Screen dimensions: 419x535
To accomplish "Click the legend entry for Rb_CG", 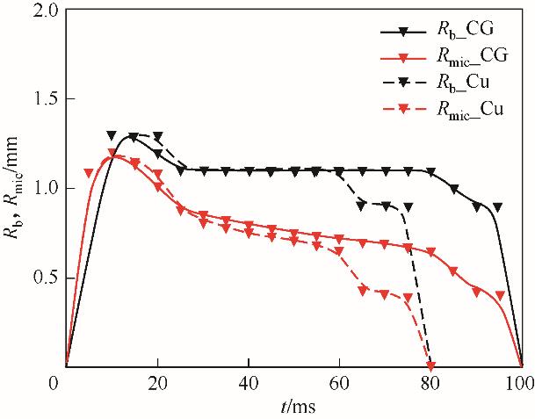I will tap(463, 33).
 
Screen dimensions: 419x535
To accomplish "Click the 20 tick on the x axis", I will tap(157, 385).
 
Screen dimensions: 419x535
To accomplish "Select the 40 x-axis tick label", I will tap(249, 385).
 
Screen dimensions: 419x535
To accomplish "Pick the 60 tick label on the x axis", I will tap(340, 385).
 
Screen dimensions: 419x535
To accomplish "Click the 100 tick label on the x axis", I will tap(522, 385).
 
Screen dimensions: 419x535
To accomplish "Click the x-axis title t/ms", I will tap(294, 407).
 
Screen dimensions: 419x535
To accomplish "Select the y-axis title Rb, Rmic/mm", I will tap(15, 188).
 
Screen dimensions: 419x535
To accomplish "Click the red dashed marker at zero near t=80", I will tap(430, 366).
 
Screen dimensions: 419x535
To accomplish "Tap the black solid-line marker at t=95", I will tap(499, 207).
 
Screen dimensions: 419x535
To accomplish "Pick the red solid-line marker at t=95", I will tap(499, 296).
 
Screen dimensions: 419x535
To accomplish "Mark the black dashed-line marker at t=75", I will tap(408, 207).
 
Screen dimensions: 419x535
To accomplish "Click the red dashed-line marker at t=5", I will tap(89, 173).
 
